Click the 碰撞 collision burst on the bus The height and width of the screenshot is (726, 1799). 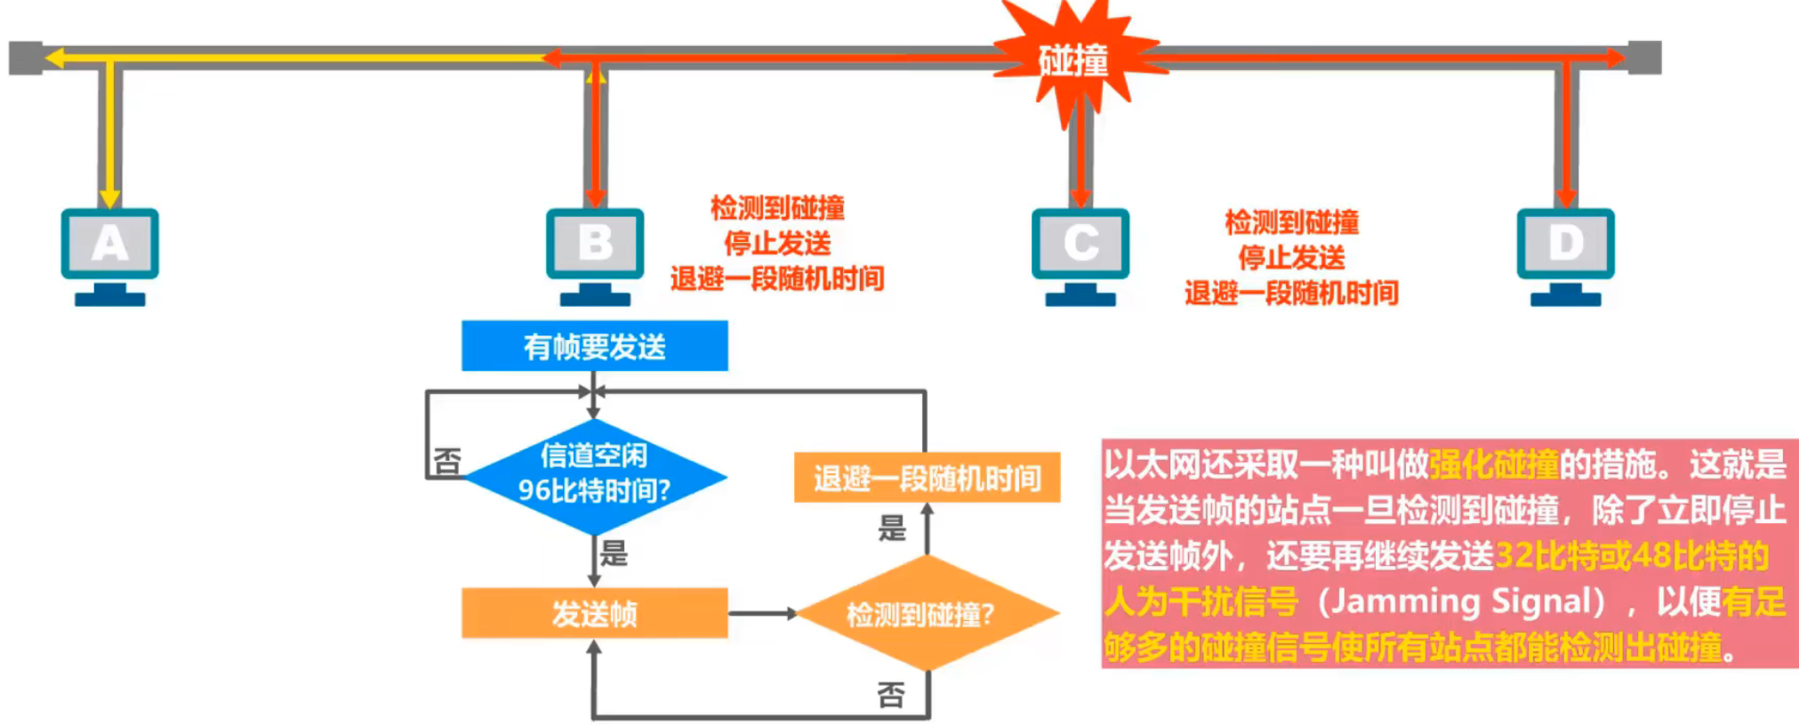pos(1073,60)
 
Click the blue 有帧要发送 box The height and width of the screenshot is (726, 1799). pos(594,346)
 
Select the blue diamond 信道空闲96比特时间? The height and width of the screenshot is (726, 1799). pos(594,476)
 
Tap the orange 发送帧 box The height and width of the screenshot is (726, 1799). pos(594,613)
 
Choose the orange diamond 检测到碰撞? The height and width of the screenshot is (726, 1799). pos(926,613)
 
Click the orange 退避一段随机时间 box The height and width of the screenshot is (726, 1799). pos(927,479)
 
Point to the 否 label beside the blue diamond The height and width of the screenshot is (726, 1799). pos(447,461)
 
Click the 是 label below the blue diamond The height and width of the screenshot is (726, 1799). pos(614,553)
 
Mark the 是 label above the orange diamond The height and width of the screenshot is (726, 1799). pos(892,528)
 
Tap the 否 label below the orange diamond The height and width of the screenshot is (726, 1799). pos(891,694)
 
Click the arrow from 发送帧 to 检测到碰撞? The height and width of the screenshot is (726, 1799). pos(762,613)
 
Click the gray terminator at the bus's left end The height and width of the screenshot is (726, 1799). pos(25,58)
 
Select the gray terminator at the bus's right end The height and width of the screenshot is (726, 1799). pos(1644,58)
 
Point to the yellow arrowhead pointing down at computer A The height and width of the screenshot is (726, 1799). pos(109,197)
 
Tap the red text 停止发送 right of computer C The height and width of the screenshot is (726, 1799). pos(1291,258)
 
